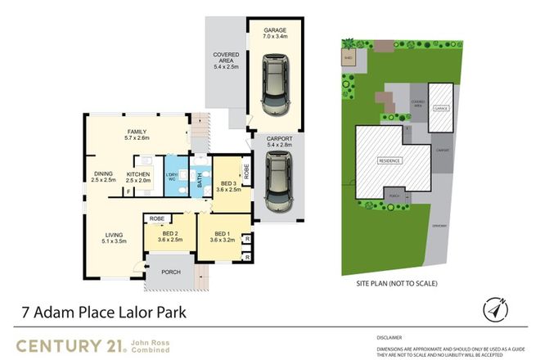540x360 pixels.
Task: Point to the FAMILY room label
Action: coord(136,135)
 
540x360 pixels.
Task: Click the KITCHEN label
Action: coord(137,178)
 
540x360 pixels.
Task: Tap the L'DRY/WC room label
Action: coord(173,178)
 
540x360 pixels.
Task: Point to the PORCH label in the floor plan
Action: coord(170,272)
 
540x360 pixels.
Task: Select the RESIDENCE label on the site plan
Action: coord(389,160)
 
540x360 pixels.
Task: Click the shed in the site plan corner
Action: coord(348,58)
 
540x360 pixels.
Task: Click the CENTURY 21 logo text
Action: coord(67,344)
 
